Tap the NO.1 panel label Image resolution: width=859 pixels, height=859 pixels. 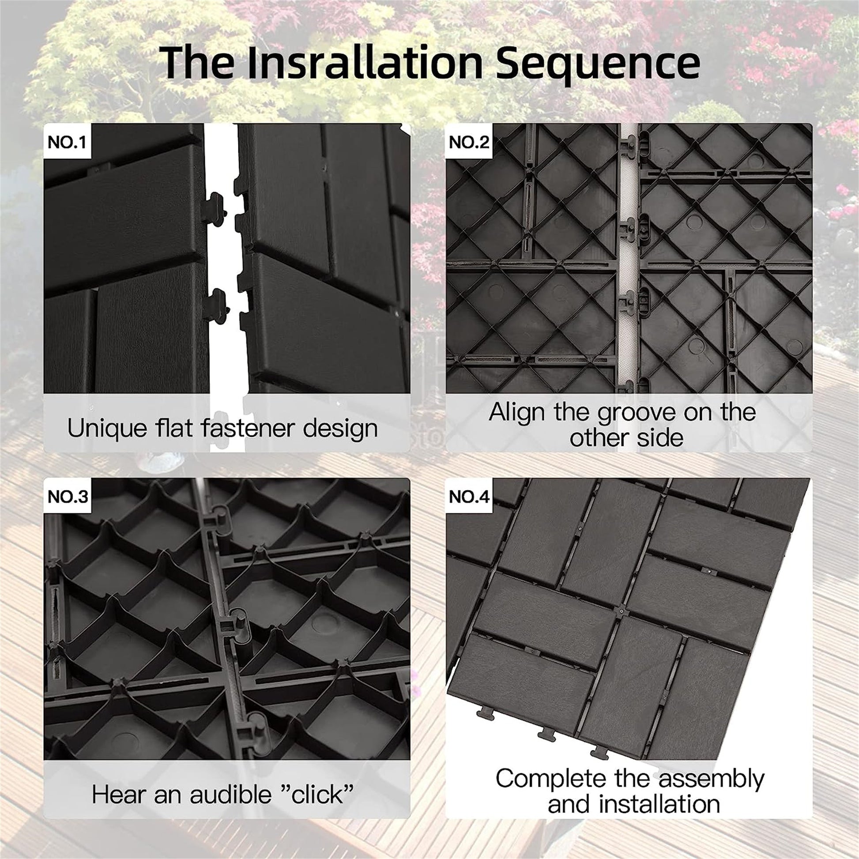pos(67,142)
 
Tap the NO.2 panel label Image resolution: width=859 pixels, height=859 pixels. pos(469,142)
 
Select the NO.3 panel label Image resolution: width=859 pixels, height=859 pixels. pos(68,497)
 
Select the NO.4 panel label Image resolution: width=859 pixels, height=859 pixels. pos(469,497)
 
